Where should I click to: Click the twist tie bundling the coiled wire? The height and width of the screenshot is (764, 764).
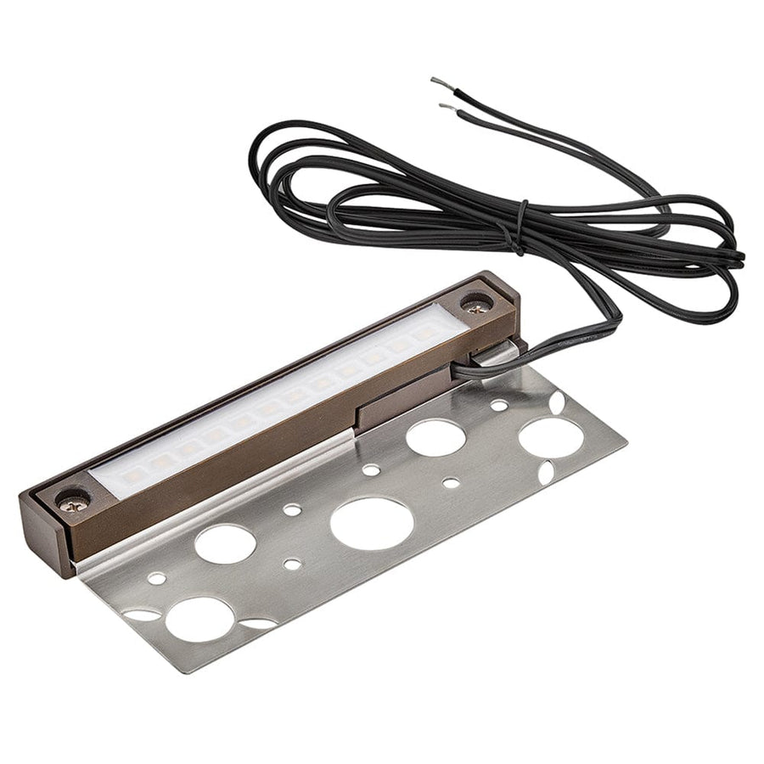520,228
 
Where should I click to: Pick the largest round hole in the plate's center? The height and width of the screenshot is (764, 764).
372,522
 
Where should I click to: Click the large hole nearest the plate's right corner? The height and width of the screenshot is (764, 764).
551,437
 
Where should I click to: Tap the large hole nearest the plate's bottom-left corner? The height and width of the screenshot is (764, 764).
199,619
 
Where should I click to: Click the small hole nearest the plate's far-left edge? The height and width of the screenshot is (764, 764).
157,578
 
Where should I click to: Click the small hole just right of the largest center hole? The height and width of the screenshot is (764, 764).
451,483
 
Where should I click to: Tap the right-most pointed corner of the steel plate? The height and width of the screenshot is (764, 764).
626,442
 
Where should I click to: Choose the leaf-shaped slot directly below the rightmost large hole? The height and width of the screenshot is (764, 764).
547,469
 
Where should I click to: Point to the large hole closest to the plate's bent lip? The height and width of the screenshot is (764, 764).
225,543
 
